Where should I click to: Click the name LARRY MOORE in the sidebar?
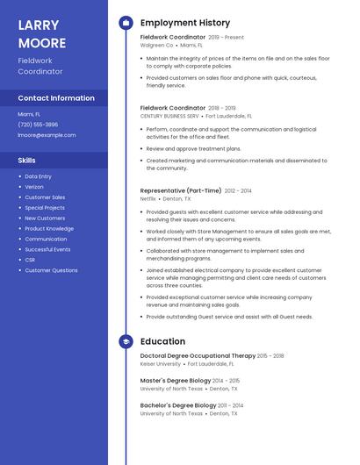(42, 33)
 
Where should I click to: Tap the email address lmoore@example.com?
(47, 135)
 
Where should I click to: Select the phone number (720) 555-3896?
(38, 125)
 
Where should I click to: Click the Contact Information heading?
(56, 98)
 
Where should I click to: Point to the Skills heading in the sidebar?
(27, 161)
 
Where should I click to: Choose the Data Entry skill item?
(38, 176)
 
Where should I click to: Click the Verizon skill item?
(34, 187)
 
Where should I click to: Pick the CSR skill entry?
(30, 260)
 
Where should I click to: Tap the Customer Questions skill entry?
(51, 270)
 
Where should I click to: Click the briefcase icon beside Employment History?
(126, 23)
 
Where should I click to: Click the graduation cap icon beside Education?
(126, 341)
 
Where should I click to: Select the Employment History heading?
(185, 23)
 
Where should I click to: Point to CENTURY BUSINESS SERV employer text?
(169, 116)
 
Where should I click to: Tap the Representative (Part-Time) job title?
(181, 190)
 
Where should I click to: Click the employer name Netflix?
(148, 198)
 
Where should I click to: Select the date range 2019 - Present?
(227, 38)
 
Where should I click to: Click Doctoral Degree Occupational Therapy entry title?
(198, 356)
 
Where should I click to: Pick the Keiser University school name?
(161, 364)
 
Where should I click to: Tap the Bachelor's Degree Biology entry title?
(178, 405)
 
